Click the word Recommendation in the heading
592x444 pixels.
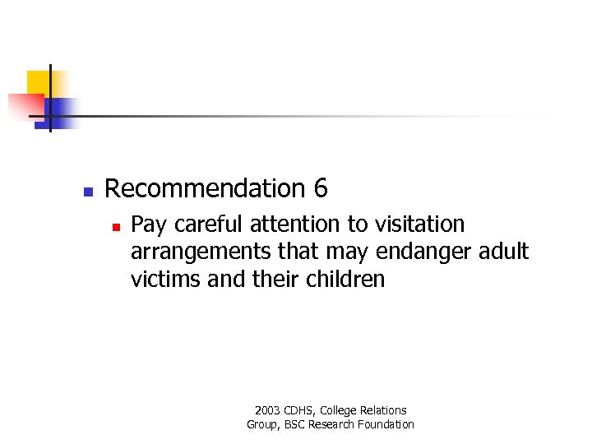point(205,189)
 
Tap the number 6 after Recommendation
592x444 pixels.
point(321,189)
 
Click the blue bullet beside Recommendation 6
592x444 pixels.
point(88,191)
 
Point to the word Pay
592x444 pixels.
point(146,224)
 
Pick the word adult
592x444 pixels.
point(503,251)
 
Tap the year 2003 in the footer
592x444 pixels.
point(267,410)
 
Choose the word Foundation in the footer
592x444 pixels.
point(386,424)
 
